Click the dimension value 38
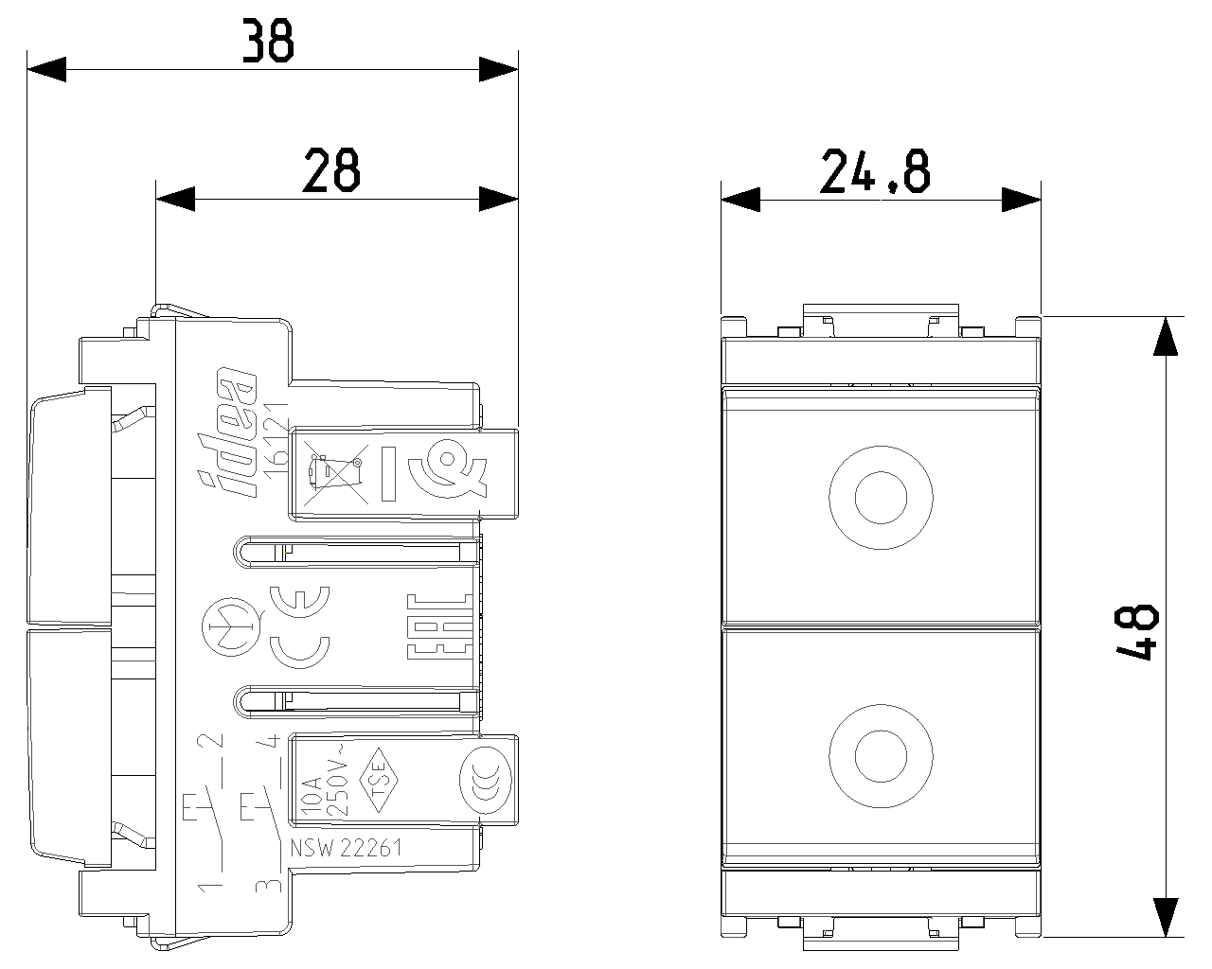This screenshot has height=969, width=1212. pos(268,40)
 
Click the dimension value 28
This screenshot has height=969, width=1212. pos(331,170)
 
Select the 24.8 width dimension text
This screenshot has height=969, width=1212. pos(875,171)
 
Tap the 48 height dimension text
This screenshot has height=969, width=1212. pos(1137,632)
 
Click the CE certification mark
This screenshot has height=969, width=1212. pos(299,627)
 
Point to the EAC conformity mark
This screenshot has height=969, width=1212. pos(440,626)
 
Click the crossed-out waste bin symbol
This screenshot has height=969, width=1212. pos(335,473)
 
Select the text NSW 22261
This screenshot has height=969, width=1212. pos(346,848)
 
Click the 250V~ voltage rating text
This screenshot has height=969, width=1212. pos(337,781)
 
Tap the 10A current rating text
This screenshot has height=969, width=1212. pos(312,795)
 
